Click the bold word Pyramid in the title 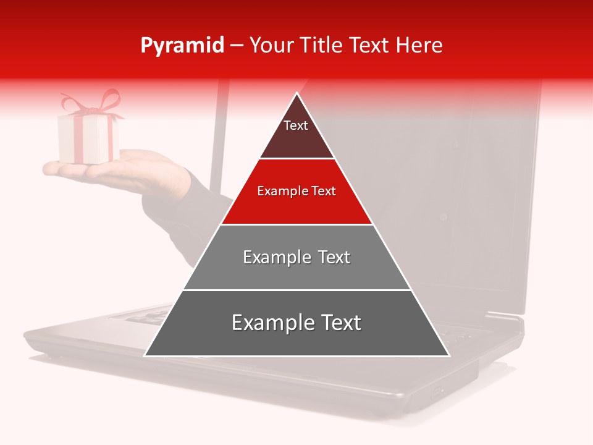(182, 46)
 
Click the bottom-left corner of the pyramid (146, 355)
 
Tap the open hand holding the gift (124, 170)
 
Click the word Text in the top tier (295, 125)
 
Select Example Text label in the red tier (296, 191)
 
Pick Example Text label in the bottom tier (296, 323)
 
